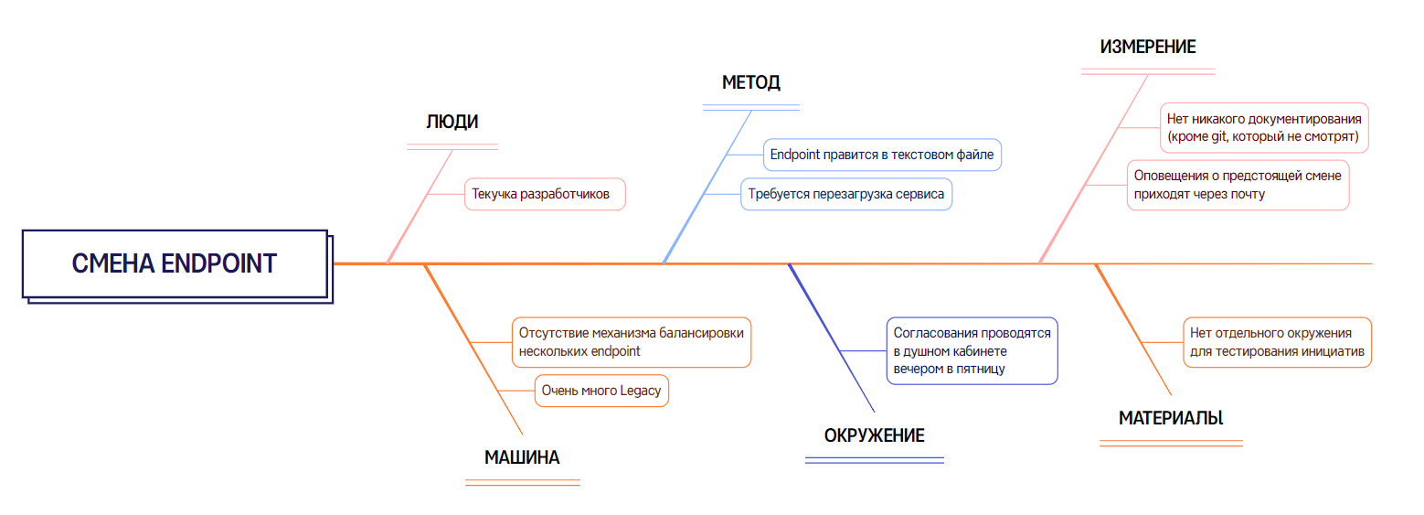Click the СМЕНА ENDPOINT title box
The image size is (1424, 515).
(x=174, y=263)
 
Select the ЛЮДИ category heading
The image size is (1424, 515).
(x=452, y=122)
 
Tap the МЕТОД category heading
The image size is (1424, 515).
(x=751, y=83)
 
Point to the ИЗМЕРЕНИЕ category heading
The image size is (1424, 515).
(x=1148, y=48)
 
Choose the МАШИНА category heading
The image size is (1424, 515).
(x=522, y=458)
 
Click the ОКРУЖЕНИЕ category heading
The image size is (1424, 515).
(x=875, y=435)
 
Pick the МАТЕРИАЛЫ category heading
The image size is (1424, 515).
(x=1171, y=418)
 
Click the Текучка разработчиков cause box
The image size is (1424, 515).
(x=545, y=194)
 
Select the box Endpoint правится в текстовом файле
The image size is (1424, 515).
(x=882, y=155)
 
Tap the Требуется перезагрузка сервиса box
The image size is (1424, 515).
(x=845, y=194)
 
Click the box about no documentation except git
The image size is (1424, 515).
(x=1264, y=128)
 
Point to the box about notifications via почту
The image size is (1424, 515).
(x=1238, y=185)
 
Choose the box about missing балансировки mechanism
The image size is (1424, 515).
(x=631, y=341)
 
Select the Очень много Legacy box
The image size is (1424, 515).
(x=601, y=391)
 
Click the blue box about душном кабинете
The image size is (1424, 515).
(x=972, y=350)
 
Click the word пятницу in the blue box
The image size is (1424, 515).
(x=981, y=369)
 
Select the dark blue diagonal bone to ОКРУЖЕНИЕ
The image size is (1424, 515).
(x=832, y=338)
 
